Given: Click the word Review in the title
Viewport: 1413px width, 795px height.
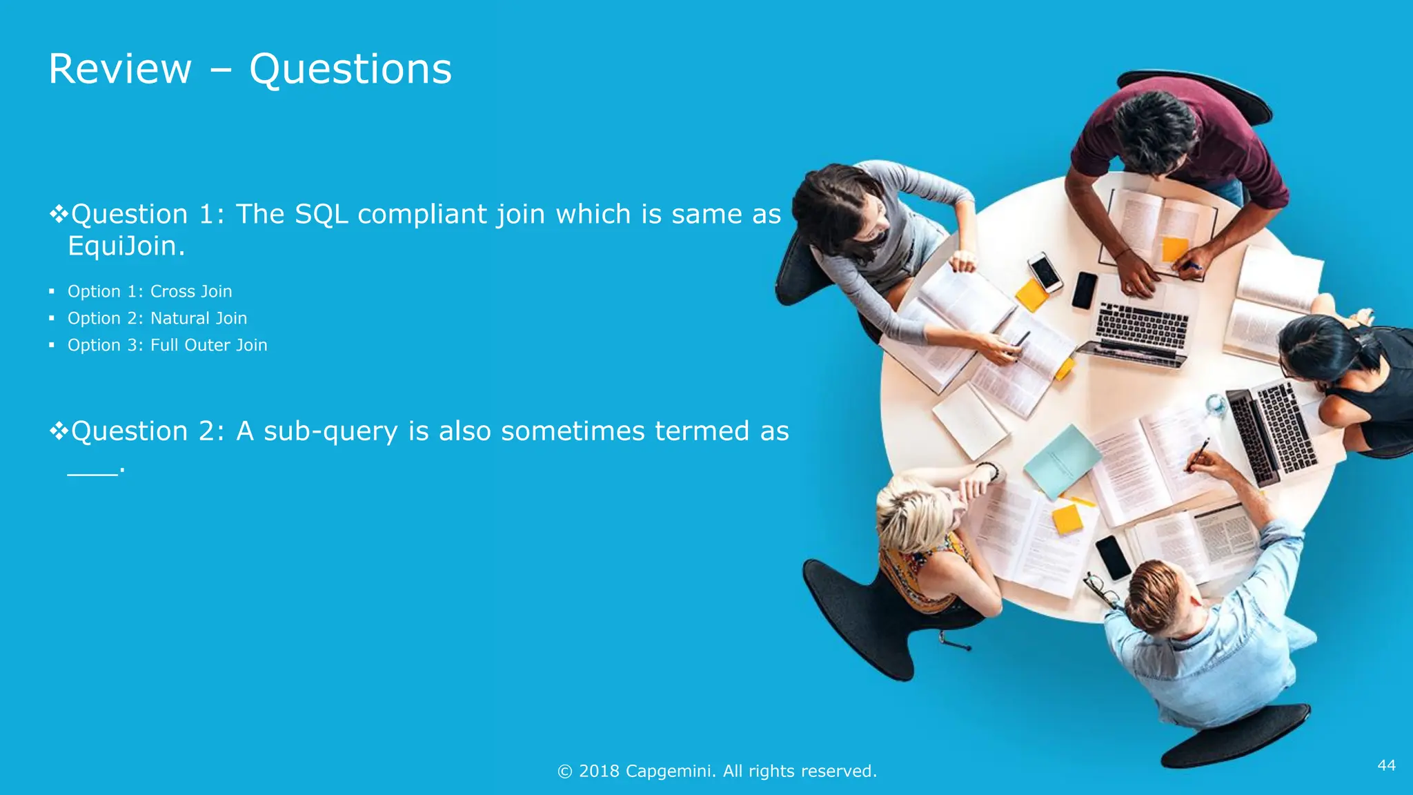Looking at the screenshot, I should (120, 70).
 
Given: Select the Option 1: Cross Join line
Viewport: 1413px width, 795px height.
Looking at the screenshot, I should (149, 292).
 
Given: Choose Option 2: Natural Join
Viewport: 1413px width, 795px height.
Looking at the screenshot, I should (157, 319).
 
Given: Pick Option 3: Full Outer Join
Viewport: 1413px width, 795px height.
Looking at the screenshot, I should (167, 346).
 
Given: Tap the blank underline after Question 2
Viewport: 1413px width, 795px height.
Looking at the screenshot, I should (92, 472).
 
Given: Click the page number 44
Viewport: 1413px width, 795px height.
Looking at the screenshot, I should (1386, 765).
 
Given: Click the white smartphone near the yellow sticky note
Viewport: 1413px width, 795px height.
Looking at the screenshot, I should (1045, 271).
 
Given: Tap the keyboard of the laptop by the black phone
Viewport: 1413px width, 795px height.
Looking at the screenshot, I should (1142, 326).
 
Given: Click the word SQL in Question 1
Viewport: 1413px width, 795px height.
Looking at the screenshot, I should (321, 215).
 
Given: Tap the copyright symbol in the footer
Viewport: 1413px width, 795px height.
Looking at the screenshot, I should (564, 772).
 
